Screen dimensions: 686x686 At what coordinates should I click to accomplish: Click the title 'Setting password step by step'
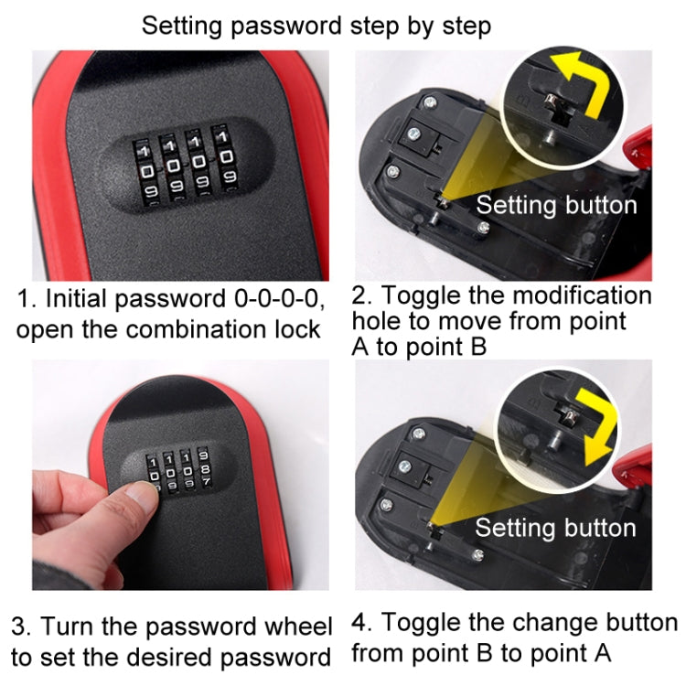[316, 26]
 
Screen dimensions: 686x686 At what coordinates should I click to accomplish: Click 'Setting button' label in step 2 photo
[555, 204]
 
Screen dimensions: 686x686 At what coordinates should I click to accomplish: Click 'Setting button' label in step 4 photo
[554, 528]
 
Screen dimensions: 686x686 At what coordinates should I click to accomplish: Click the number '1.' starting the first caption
[27, 298]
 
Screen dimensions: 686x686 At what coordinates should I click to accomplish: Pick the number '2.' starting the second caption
[364, 295]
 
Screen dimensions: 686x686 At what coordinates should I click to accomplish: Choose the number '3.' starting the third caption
[22, 627]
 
